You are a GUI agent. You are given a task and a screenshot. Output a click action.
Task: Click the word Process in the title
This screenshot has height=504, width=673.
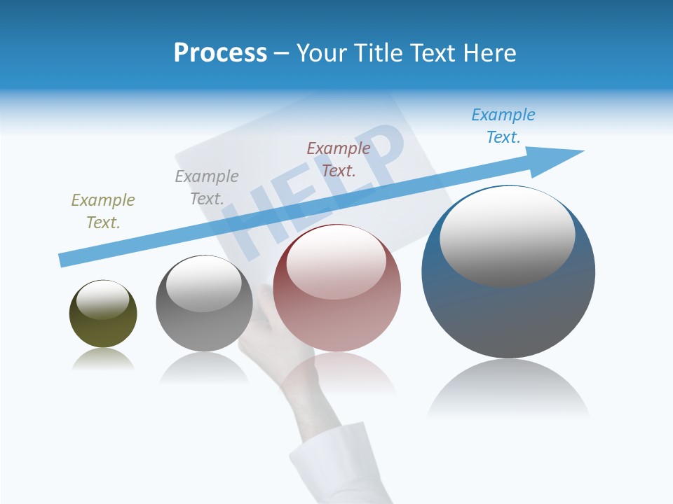(x=220, y=53)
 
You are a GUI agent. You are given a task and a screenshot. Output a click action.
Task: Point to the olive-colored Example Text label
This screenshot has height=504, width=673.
(x=103, y=211)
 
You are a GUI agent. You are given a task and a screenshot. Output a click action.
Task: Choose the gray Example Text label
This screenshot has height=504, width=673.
(x=207, y=187)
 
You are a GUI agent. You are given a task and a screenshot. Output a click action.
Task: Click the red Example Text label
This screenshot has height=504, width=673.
(x=339, y=159)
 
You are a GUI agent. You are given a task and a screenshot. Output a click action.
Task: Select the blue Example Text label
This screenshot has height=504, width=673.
(x=503, y=125)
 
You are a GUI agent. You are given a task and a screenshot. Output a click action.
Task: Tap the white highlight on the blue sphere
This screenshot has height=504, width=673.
(x=507, y=237)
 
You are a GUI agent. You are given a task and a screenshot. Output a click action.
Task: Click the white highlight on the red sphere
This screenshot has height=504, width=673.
(x=336, y=262)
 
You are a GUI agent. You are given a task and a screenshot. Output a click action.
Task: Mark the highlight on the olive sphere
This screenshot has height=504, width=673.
(x=102, y=299)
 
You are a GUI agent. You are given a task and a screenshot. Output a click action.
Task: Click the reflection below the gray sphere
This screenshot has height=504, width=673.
(x=204, y=367)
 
